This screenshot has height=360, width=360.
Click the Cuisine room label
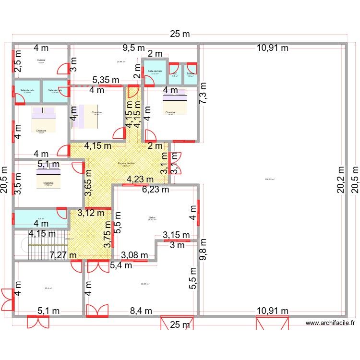(41, 60)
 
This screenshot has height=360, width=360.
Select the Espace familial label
(127, 163)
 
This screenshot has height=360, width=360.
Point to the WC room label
(175, 74)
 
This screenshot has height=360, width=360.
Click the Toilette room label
(191, 74)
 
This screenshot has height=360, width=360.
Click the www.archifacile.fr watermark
(331, 324)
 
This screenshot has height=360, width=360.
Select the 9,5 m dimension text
(133, 48)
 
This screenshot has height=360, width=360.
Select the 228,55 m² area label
(271, 180)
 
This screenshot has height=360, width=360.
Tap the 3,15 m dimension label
(176, 235)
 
